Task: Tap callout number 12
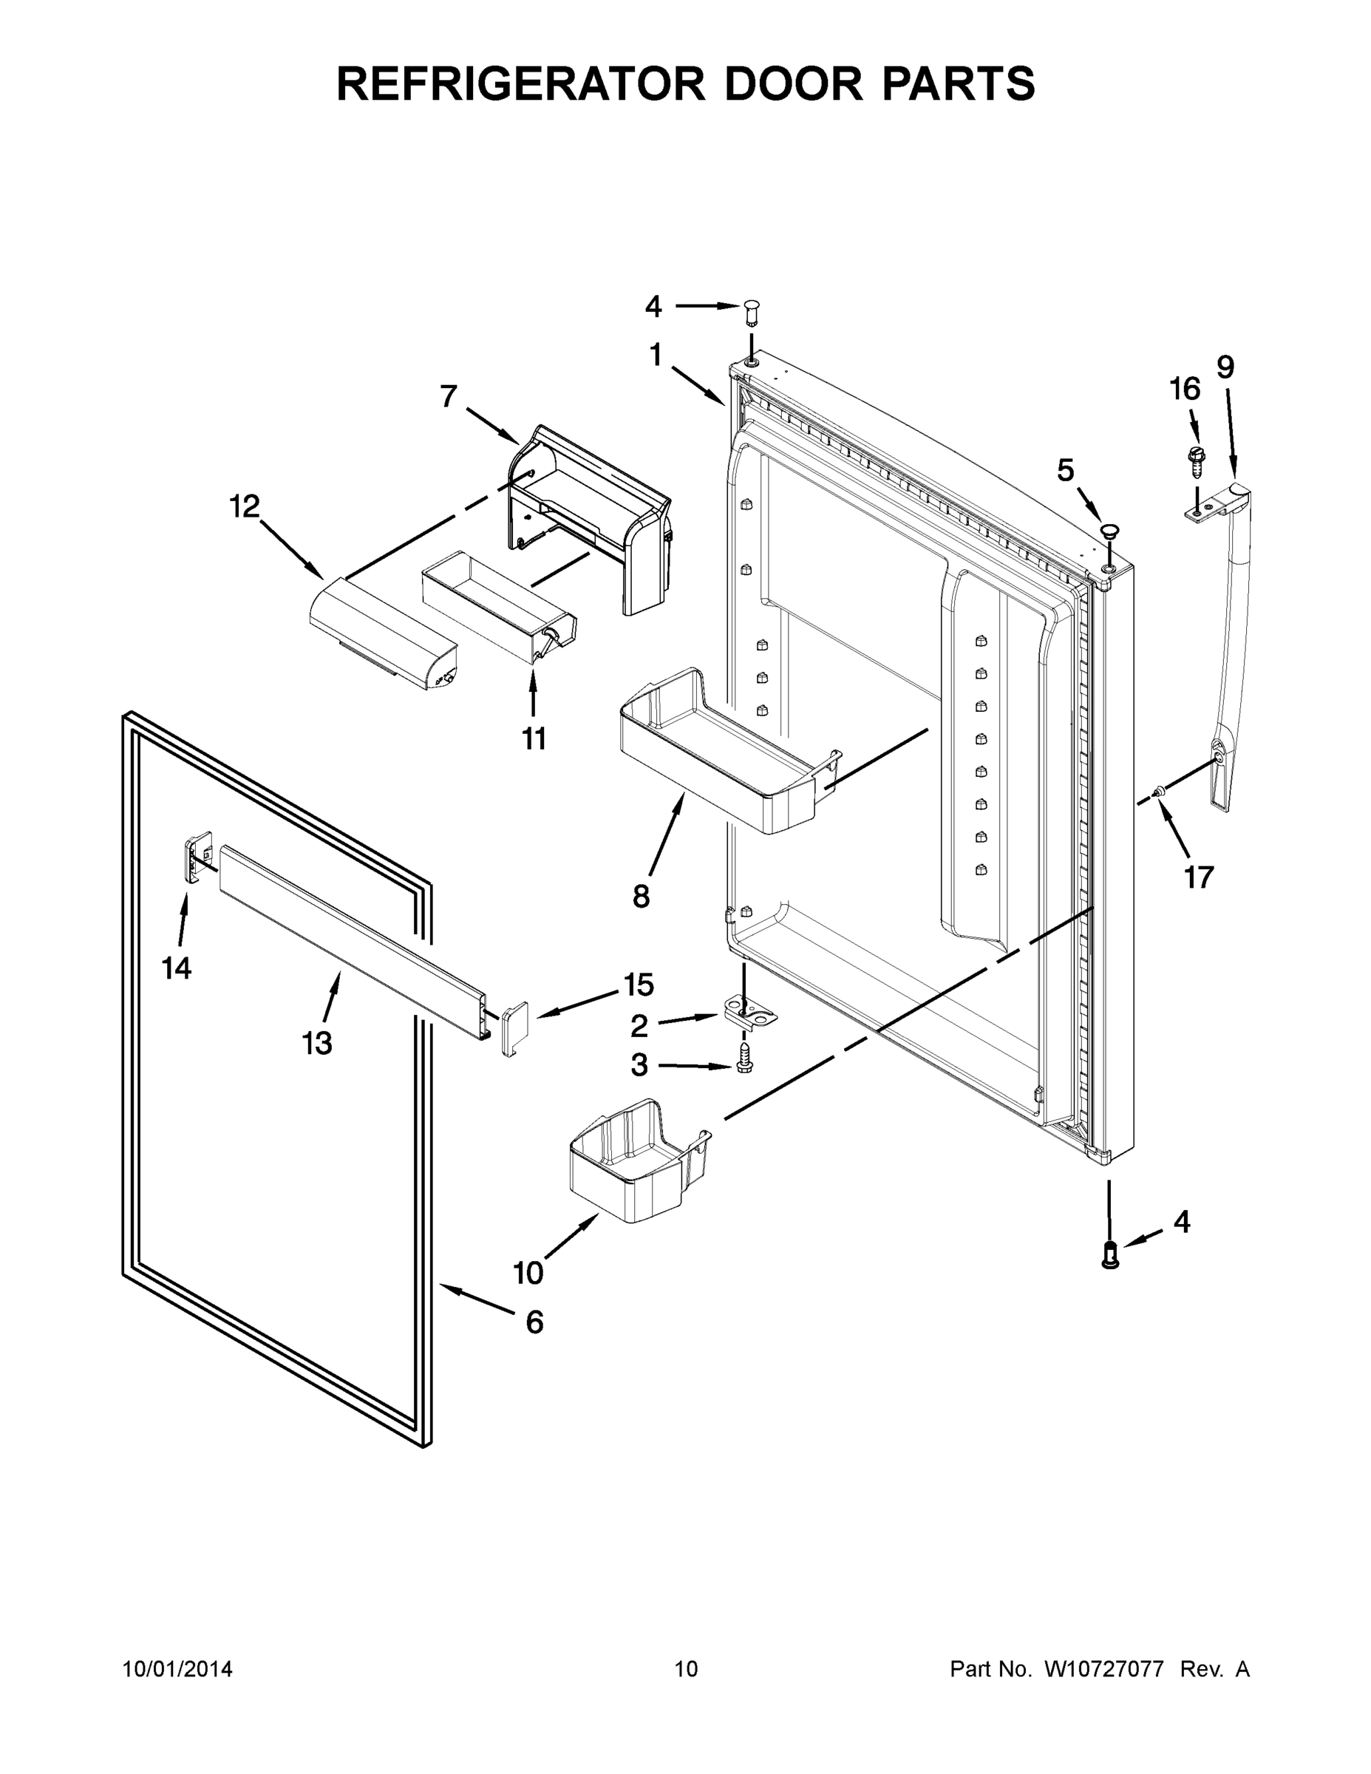244,507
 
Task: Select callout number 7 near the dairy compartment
449,397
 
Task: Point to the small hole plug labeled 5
1109,531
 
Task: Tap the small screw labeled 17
1160,789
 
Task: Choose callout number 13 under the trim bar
318,1043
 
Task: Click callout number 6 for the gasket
534,1322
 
